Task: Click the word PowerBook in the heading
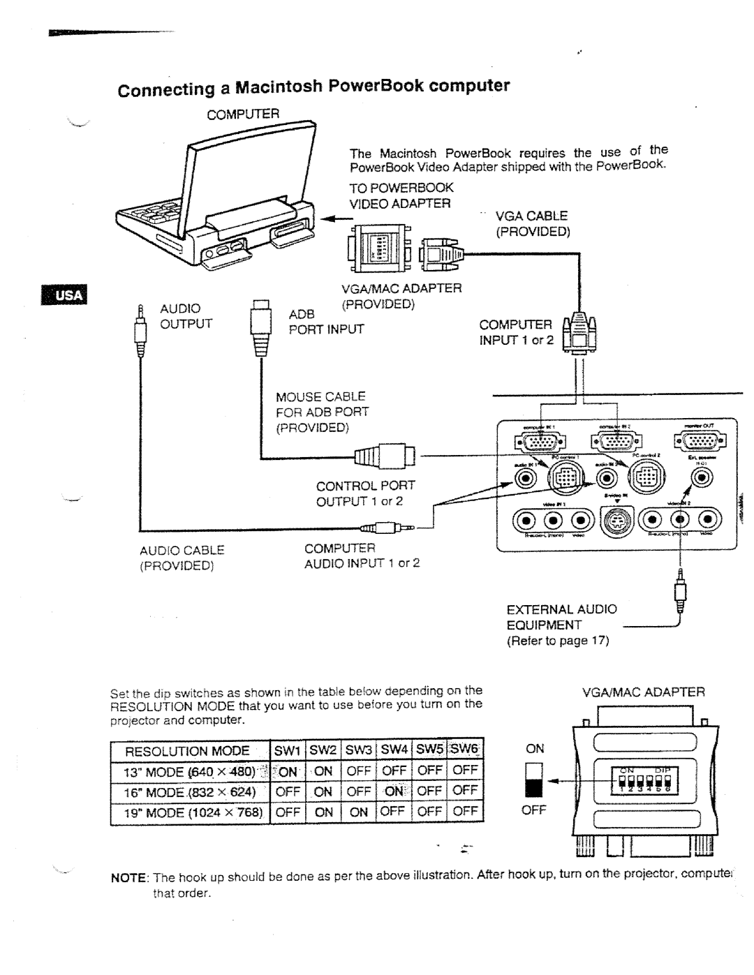click(366, 86)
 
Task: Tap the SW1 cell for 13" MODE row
click(287, 771)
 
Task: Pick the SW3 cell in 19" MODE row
click(359, 812)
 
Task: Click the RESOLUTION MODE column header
click(187, 750)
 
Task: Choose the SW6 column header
click(465, 750)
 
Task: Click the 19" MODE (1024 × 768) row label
click(187, 812)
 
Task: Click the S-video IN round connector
click(615, 521)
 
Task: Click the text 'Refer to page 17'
click(559, 640)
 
